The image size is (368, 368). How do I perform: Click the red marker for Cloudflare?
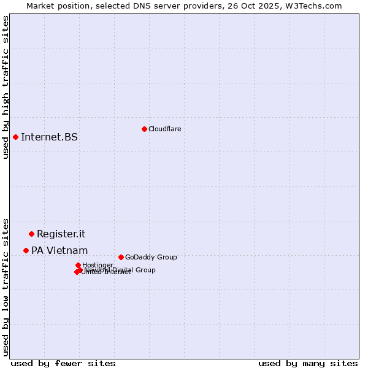tap(144, 129)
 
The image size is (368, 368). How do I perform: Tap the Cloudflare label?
tap(164, 129)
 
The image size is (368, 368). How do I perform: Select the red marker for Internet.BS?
tap(15, 137)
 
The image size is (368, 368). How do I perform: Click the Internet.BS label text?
tap(49, 137)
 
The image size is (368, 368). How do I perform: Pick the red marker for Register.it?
tap(31, 234)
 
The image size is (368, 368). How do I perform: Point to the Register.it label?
tap(61, 234)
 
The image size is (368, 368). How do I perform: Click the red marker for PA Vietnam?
tap(26, 250)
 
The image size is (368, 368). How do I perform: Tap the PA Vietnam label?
tap(59, 250)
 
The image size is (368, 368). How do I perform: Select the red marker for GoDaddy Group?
tap(121, 257)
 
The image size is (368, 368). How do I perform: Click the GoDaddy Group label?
tap(151, 257)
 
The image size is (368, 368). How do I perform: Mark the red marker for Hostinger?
tap(78, 265)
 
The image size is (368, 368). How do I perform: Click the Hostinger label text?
tap(98, 265)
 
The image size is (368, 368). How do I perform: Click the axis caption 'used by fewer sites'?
tap(63, 363)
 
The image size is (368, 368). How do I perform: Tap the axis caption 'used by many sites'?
tap(308, 363)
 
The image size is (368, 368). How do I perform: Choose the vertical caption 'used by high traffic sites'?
tap(6, 87)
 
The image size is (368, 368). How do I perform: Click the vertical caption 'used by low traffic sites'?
tap(6, 286)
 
